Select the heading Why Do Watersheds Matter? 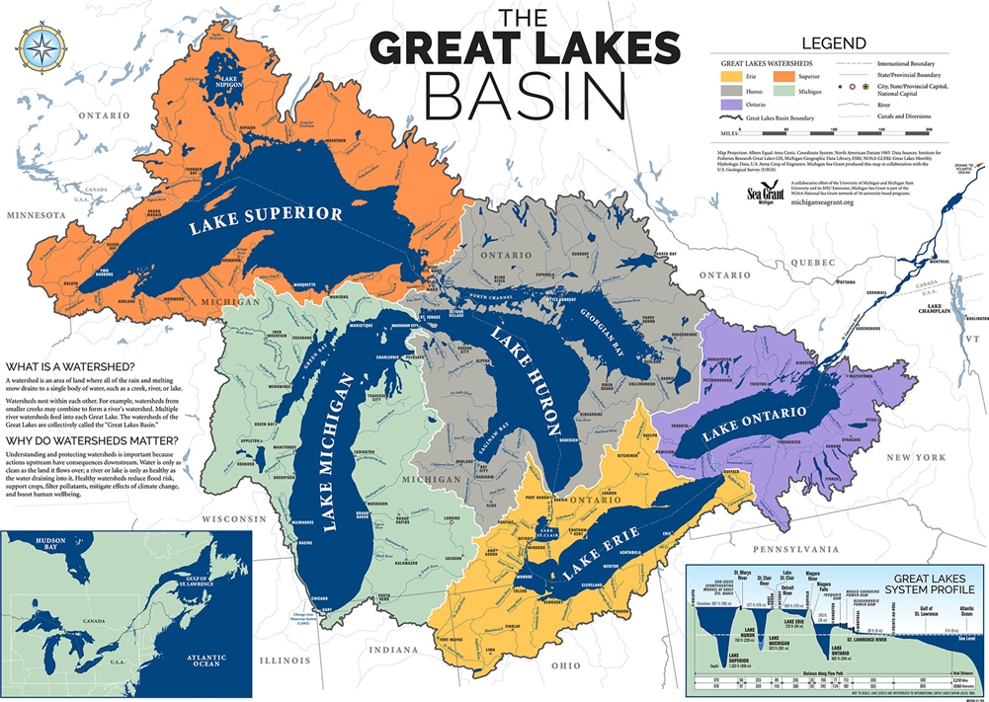91,440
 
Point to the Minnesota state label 36,214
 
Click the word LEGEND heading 834,42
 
